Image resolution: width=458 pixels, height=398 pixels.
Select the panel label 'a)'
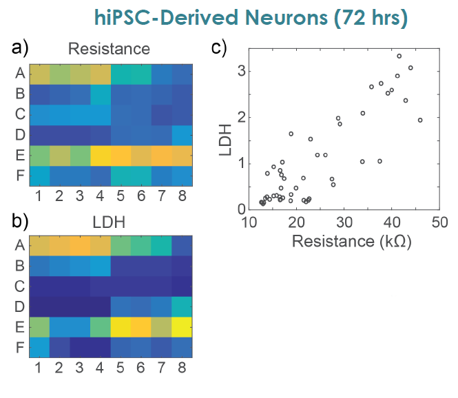(x=21, y=48)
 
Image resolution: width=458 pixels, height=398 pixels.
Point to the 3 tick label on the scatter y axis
(x=241, y=71)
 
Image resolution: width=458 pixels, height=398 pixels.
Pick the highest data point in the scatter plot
(x=399, y=56)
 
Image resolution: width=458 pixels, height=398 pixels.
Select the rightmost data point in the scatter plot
(x=419, y=120)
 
